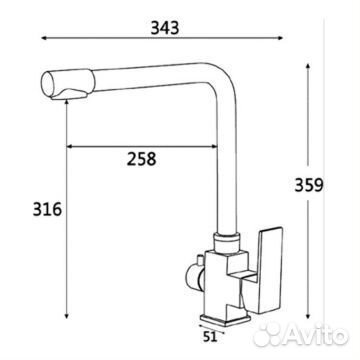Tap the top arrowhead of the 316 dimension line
(65, 105)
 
